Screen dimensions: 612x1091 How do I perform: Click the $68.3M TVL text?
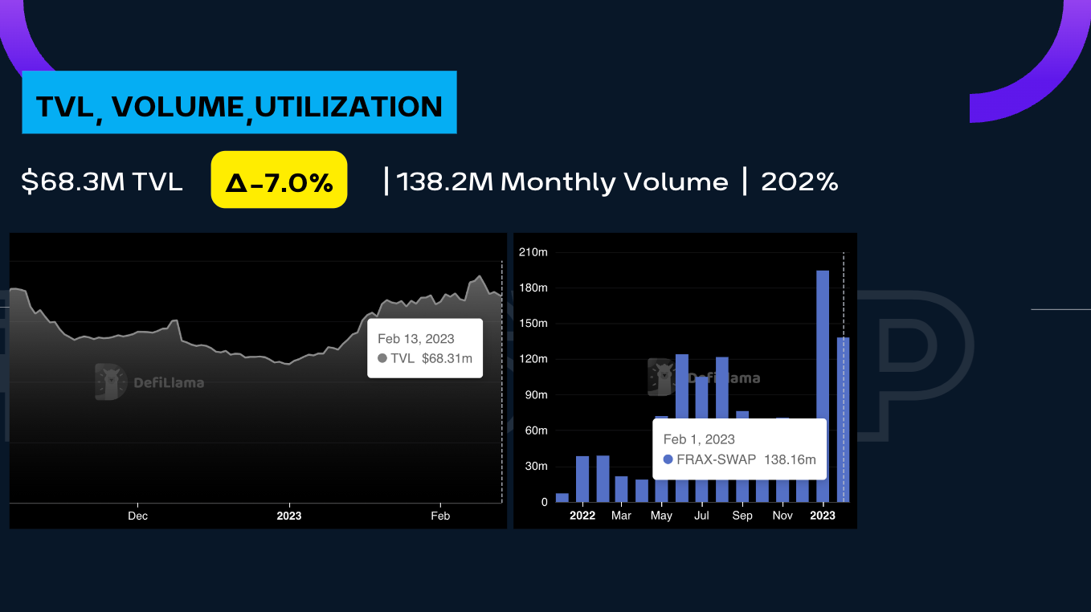102,182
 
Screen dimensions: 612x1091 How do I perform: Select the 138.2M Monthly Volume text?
562,182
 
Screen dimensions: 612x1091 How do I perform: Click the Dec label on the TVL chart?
137,516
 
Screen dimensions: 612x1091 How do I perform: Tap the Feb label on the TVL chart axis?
440,516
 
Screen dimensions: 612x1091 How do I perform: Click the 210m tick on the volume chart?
533,252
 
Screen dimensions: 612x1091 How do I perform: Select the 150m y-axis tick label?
533,324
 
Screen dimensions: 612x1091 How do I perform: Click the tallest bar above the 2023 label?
823,386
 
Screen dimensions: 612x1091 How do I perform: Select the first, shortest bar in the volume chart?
562,497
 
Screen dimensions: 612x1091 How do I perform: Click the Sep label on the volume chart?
742,516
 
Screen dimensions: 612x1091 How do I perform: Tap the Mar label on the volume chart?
621,516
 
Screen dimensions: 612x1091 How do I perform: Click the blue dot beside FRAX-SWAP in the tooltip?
668,460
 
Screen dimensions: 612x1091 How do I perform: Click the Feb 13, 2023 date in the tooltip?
416,339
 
